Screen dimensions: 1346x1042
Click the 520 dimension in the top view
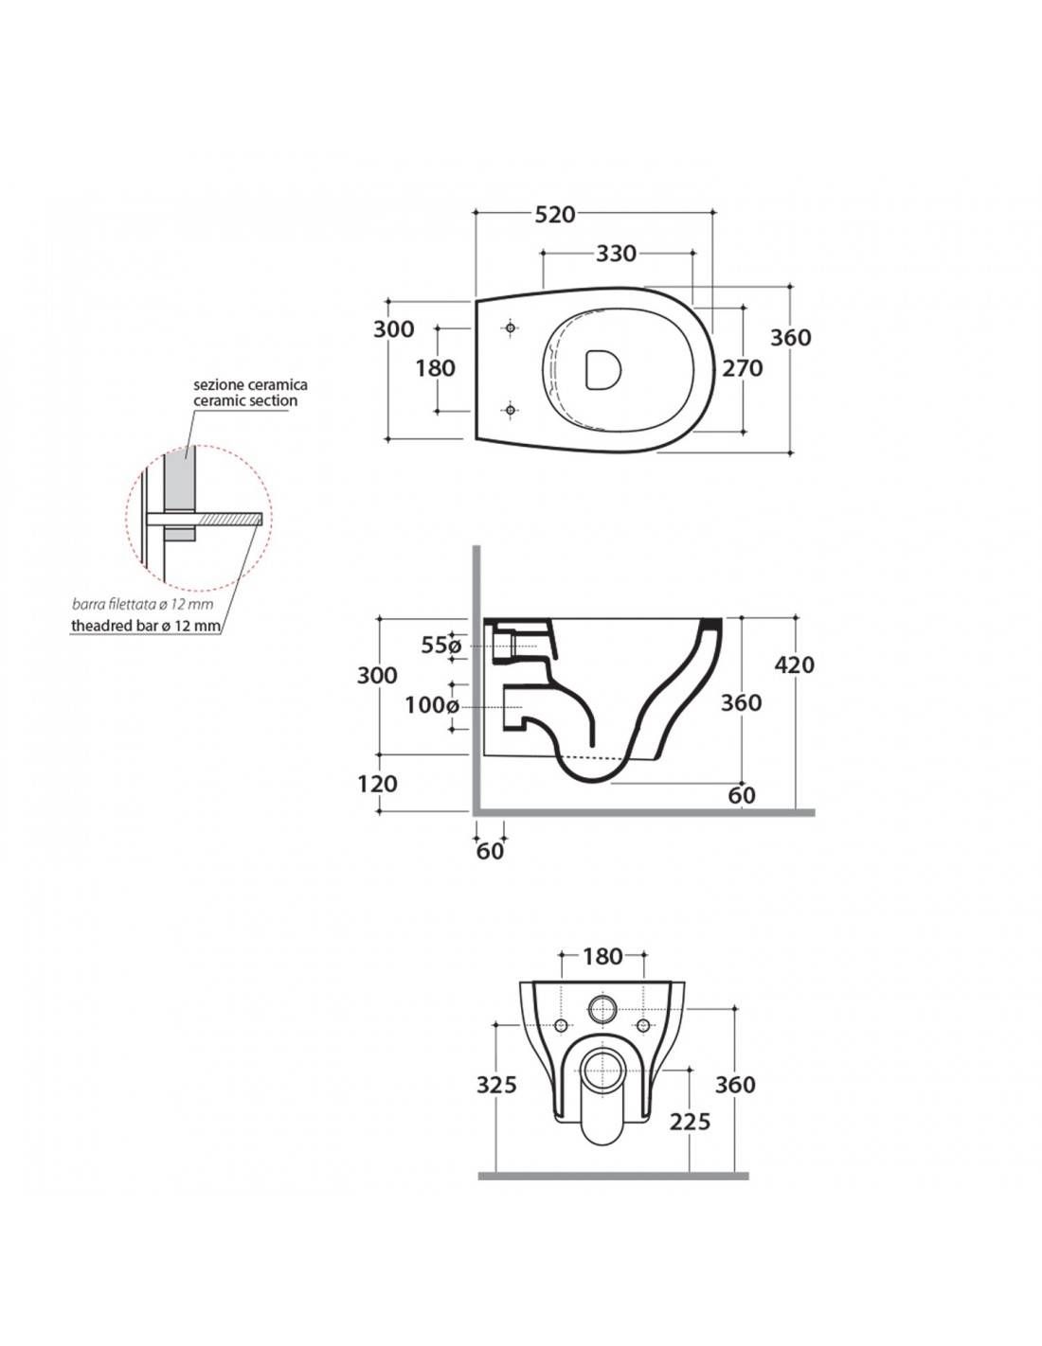555,214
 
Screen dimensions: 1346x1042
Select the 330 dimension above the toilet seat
616,254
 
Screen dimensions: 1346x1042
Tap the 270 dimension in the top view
743,367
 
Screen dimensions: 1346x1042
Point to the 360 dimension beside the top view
792,337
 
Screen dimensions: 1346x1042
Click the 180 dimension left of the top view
436,367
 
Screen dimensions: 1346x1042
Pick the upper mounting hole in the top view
511,328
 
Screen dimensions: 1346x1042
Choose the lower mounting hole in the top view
511,410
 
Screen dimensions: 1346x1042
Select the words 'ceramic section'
245,400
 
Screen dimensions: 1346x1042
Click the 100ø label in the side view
432,705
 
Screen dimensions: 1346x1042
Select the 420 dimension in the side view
794,664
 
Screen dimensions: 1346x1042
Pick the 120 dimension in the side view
378,784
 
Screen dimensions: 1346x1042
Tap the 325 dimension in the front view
497,1084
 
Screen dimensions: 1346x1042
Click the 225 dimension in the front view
690,1121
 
